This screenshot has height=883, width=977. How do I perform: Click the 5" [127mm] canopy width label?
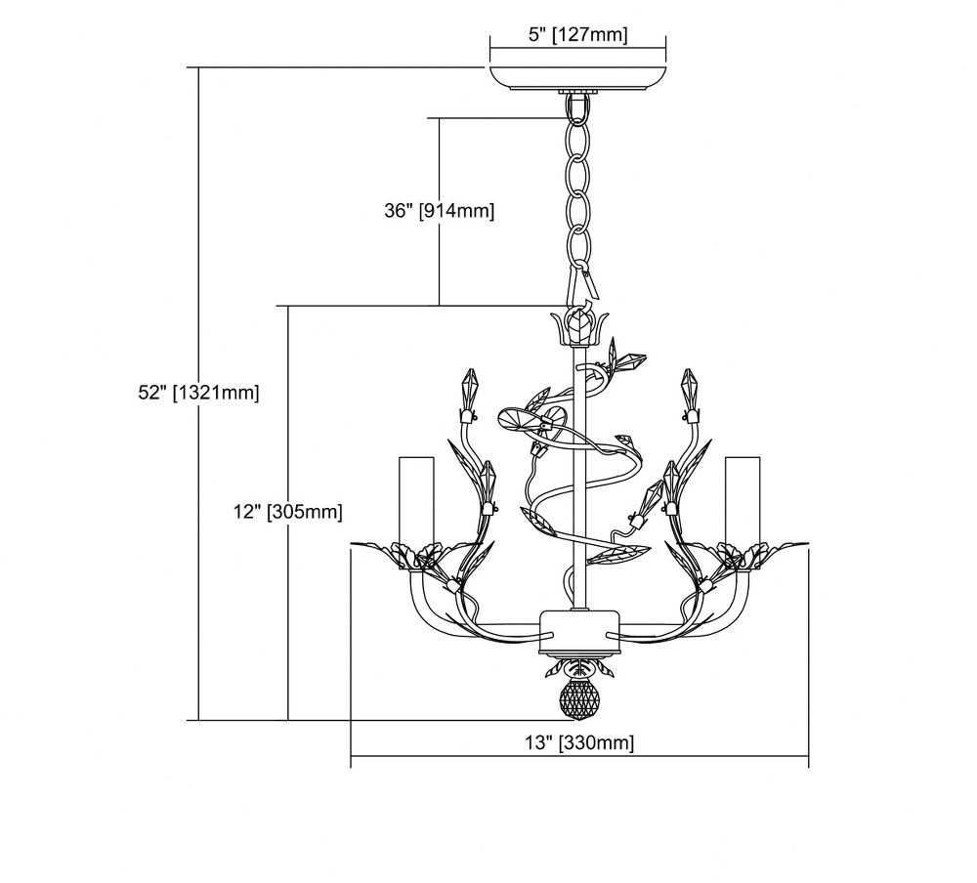click(577, 34)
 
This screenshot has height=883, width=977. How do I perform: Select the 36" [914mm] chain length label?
click(439, 211)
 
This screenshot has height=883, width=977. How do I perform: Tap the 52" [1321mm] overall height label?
click(198, 393)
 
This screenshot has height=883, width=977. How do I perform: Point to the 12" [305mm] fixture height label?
click(288, 512)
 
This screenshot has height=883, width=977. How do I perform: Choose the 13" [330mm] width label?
click(579, 742)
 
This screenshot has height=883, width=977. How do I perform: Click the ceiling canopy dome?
click(577, 78)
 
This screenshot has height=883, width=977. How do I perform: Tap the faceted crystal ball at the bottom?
click(577, 699)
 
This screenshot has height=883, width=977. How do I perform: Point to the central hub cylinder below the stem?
click(579, 631)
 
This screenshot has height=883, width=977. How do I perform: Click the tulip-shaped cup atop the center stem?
click(577, 326)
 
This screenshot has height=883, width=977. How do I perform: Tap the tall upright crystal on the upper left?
click(469, 391)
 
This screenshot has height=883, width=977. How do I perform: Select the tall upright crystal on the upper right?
click(689, 391)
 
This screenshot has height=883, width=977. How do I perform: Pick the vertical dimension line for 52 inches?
click(198, 394)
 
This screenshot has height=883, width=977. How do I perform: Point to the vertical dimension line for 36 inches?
click(440, 211)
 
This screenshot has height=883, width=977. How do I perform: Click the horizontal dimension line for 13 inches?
click(579, 756)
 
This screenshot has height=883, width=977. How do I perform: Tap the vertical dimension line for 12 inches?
click(288, 513)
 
